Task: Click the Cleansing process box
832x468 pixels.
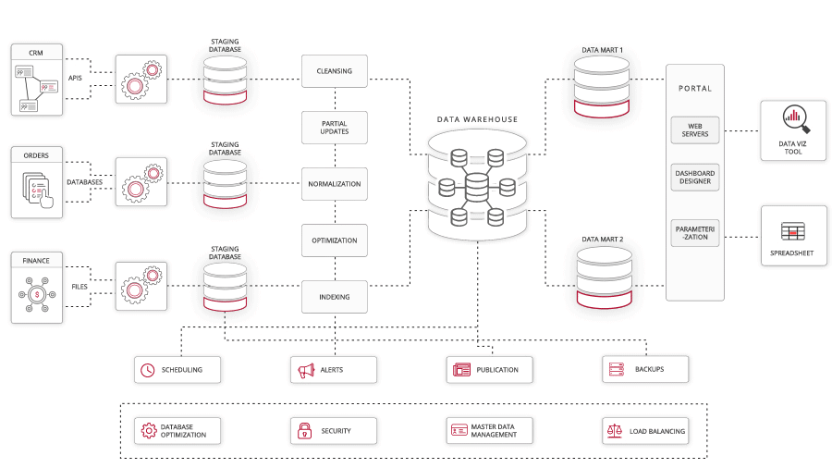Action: point(334,71)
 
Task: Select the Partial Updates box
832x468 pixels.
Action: point(334,128)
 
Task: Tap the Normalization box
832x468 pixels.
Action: point(334,184)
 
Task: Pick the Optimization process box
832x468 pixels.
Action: point(334,240)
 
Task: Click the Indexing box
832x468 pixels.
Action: point(334,297)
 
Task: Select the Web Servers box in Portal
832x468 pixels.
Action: point(695,130)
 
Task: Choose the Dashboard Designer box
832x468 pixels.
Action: point(695,178)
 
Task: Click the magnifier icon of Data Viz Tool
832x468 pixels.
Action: point(794,117)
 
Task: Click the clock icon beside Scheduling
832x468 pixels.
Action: point(147,370)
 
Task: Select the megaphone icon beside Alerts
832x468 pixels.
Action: point(306,370)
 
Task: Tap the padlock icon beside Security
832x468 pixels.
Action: point(304,431)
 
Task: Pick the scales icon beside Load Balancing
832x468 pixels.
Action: point(614,431)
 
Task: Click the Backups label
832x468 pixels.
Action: point(649,370)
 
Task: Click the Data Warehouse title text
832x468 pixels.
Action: point(477,119)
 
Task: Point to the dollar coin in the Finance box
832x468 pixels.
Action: point(38,294)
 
